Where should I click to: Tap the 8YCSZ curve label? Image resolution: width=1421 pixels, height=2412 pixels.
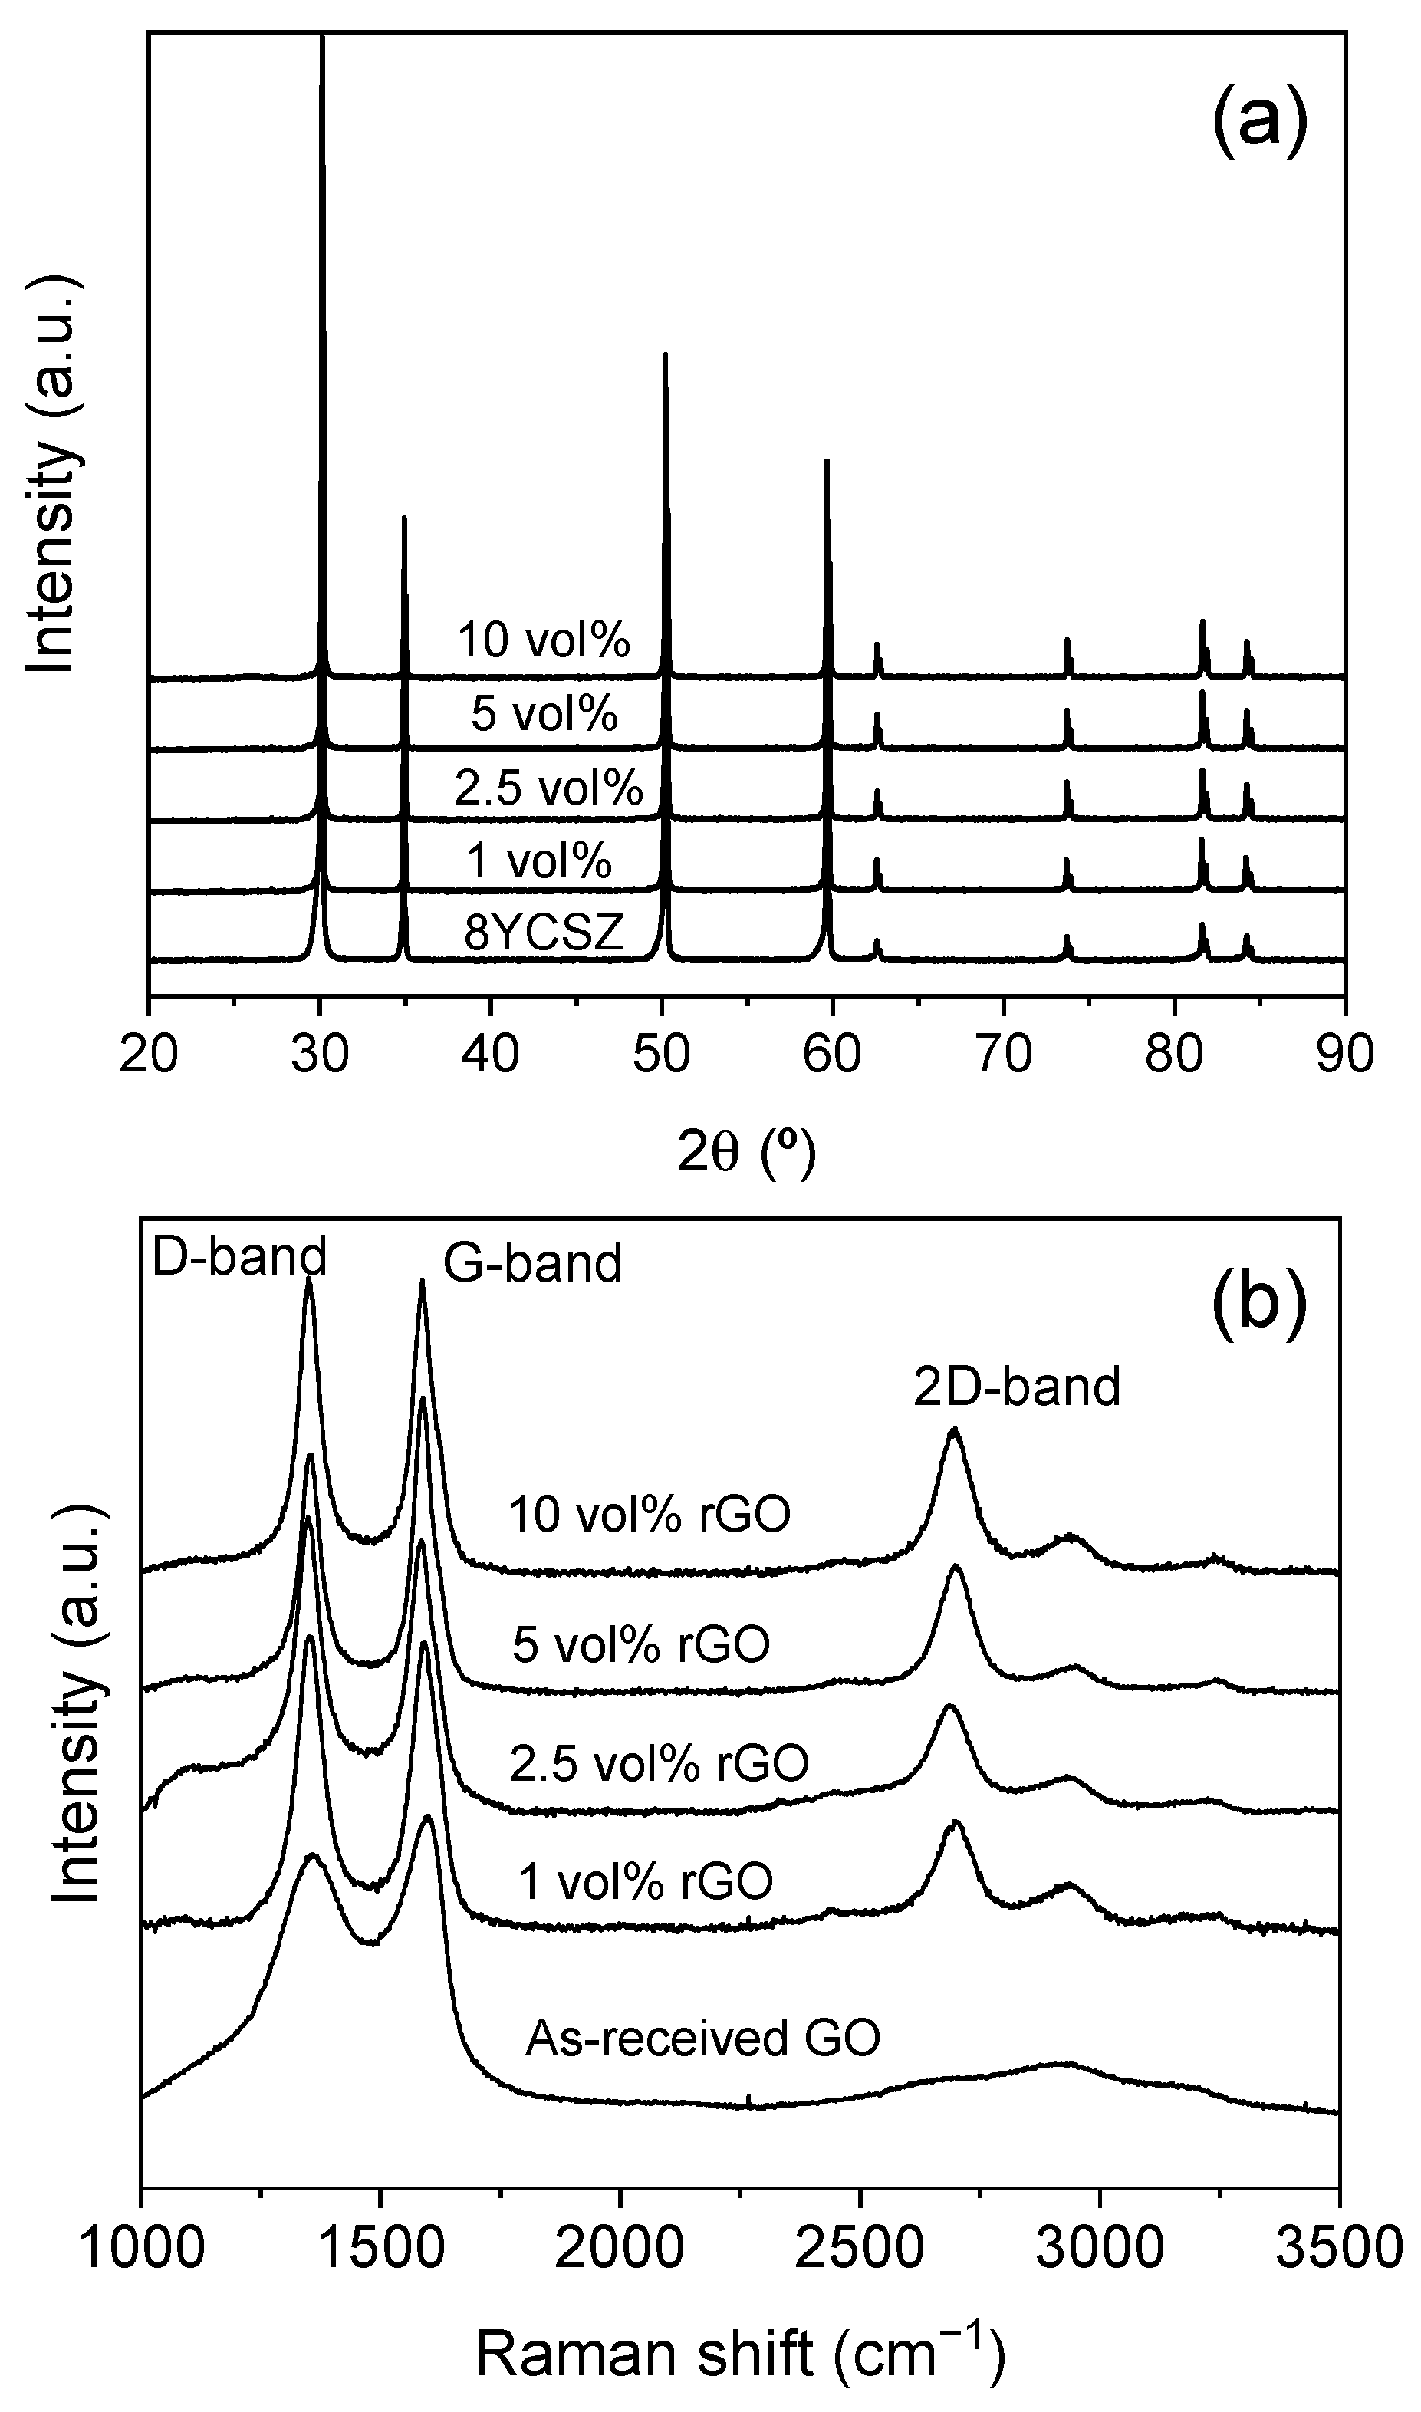point(544,933)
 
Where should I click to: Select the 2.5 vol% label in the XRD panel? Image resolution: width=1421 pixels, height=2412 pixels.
point(548,788)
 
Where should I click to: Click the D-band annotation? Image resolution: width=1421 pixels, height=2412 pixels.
point(239,1257)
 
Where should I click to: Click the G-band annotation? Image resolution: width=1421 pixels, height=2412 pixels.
point(532,1264)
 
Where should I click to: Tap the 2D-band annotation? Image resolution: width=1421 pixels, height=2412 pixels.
point(1017,1387)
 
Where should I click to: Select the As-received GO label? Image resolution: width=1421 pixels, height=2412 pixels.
point(702,2039)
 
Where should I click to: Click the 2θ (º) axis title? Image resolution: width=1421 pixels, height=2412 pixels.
point(746,1155)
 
